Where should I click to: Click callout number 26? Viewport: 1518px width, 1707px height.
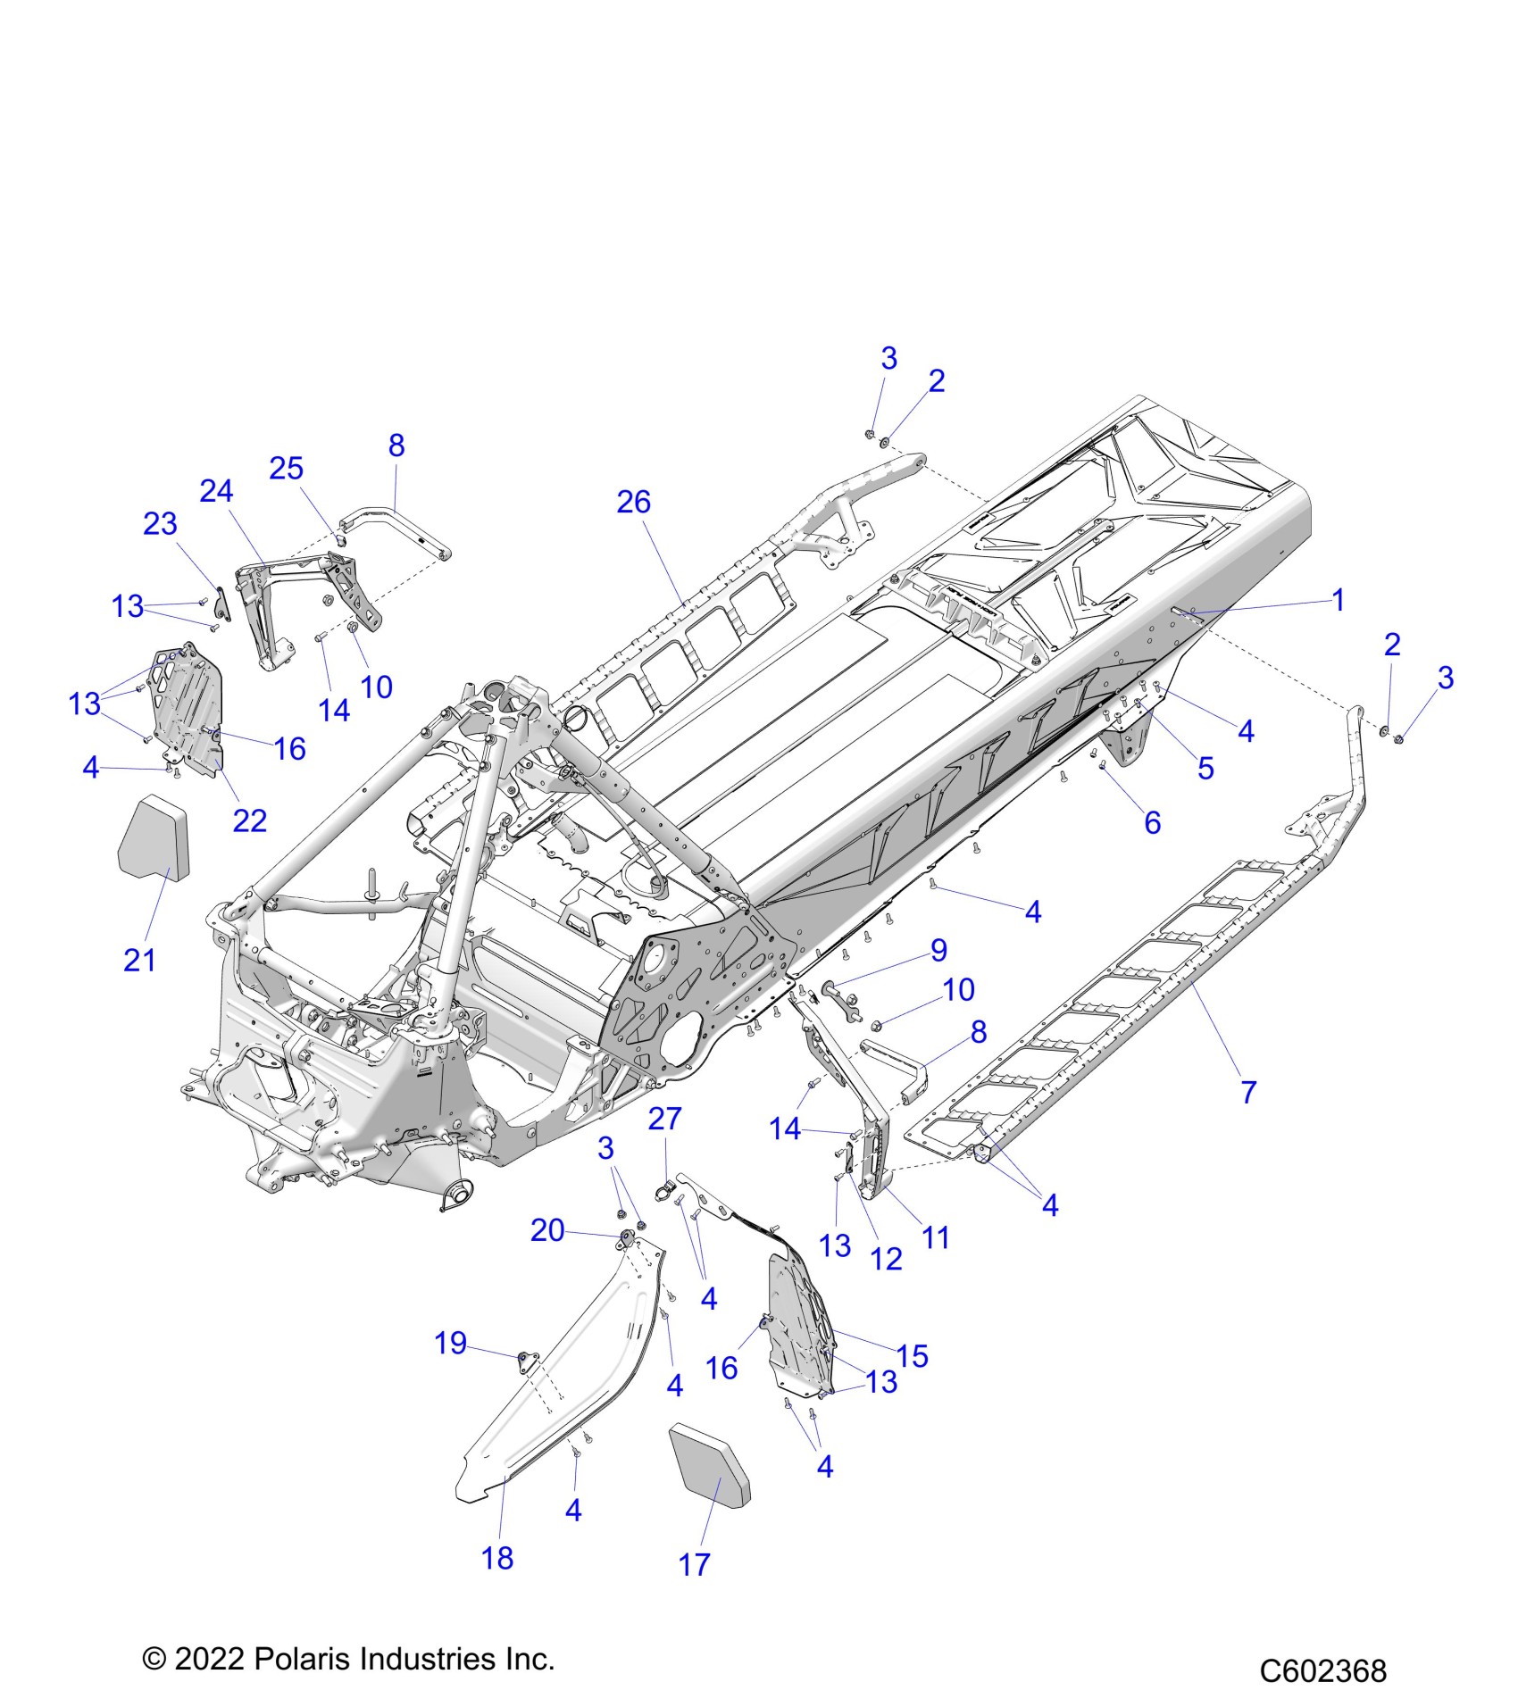click(x=633, y=503)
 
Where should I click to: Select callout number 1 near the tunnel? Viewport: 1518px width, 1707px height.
click(x=1338, y=600)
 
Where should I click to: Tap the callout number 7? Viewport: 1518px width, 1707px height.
click(x=1248, y=1091)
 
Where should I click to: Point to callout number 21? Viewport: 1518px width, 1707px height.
click(x=139, y=961)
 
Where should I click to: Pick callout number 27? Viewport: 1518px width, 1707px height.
click(x=664, y=1119)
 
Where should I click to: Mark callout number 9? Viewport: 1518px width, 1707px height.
click(x=938, y=950)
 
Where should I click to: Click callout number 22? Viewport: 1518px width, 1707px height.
click(x=250, y=820)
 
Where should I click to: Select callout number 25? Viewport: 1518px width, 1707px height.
click(x=287, y=469)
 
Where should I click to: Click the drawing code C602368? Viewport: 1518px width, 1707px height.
click(x=1322, y=1670)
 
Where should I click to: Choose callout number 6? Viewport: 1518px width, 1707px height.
click(x=1152, y=822)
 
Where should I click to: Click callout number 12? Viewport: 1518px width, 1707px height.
click(x=886, y=1259)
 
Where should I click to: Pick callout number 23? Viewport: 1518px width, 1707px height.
click(x=160, y=524)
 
